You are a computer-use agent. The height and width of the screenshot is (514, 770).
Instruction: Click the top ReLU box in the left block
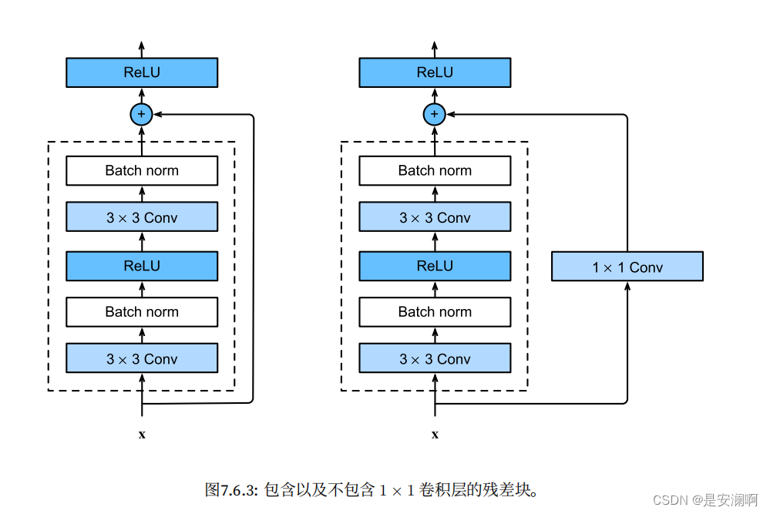click(x=142, y=72)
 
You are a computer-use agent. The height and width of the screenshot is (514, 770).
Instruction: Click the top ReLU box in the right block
click(x=435, y=72)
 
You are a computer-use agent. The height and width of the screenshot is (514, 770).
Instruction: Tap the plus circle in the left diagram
click(x=141, y=115)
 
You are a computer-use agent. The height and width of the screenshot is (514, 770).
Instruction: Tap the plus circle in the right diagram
click(x=435, y=115)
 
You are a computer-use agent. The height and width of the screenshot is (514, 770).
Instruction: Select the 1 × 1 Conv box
click(x=627, y=267)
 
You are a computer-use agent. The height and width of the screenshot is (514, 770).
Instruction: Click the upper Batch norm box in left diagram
click(x=142, y=170)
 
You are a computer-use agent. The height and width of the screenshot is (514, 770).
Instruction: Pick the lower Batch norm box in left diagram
click(x=142, y=311)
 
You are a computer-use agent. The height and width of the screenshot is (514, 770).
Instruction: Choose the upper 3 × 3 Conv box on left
click(x=142, y=217)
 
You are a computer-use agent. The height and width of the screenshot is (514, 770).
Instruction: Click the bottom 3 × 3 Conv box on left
click(x=142, y=358)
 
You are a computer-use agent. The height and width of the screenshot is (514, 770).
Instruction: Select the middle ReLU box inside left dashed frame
click(x=142, y=265)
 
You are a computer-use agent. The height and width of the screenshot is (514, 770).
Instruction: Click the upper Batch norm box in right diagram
click(x=435, y=170)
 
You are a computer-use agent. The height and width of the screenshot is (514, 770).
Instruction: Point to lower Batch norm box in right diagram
click(x=435, y=311)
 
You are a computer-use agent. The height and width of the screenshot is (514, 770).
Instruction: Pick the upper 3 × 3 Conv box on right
click(x=435, y=217)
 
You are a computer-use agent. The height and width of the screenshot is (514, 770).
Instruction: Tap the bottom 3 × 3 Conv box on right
click(x=435, y=358)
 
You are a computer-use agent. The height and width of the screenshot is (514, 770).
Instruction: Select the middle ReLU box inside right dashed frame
click(x=435, y=265)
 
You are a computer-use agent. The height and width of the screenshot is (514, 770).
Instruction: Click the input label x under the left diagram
click(x=142, y=435)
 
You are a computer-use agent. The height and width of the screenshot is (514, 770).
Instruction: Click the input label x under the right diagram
click(x=435, y=435)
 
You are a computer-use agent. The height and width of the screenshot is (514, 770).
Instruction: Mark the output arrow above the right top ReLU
click(x=435, y=47)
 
